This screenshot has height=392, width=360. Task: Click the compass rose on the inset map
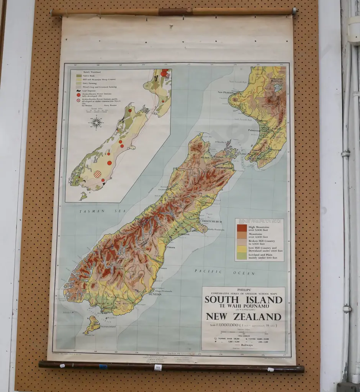pos(97,122)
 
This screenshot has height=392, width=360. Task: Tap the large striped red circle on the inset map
pos(98,174)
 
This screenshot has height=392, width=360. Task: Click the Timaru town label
pos(171,247)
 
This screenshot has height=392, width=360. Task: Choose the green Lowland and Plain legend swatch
pos(242,256)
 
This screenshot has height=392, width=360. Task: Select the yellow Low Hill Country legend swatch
pos(242,249)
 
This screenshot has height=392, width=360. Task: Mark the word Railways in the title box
pos(245,345)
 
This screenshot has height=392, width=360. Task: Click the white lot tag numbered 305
pos(158,367)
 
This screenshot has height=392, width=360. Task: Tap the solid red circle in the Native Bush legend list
pos(79,95)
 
